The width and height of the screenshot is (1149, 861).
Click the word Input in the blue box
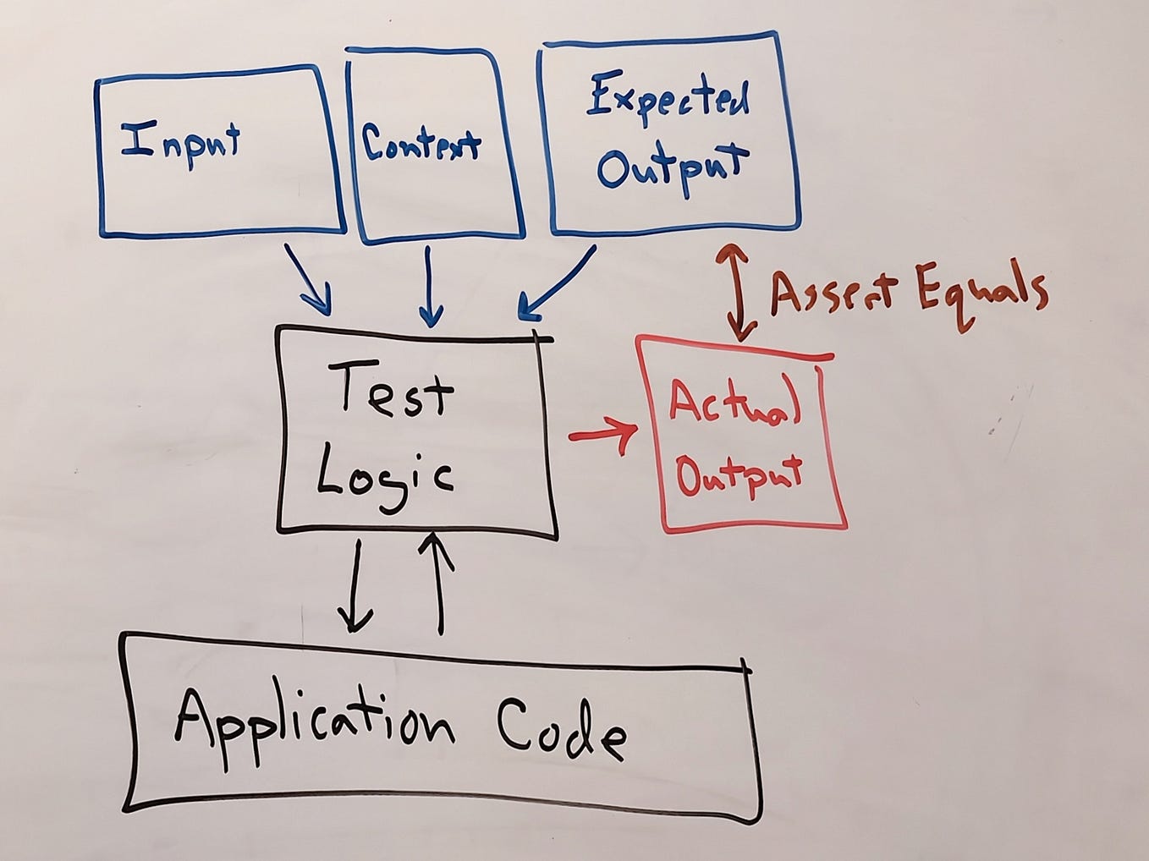tap(180, 141)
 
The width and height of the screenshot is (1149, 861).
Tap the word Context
tap(421, 143)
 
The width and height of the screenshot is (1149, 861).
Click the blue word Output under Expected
tap(673, 167)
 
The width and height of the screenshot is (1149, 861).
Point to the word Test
tap(396, 388)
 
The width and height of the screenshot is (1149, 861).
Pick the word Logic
tap(385, 478)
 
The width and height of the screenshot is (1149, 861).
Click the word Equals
tap(981, 292)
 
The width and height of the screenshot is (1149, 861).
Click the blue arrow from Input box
tap(308, 279)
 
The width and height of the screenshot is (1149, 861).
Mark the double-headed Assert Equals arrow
tap(735, 292)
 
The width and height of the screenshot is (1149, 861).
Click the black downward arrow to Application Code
tap(355, 587)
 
